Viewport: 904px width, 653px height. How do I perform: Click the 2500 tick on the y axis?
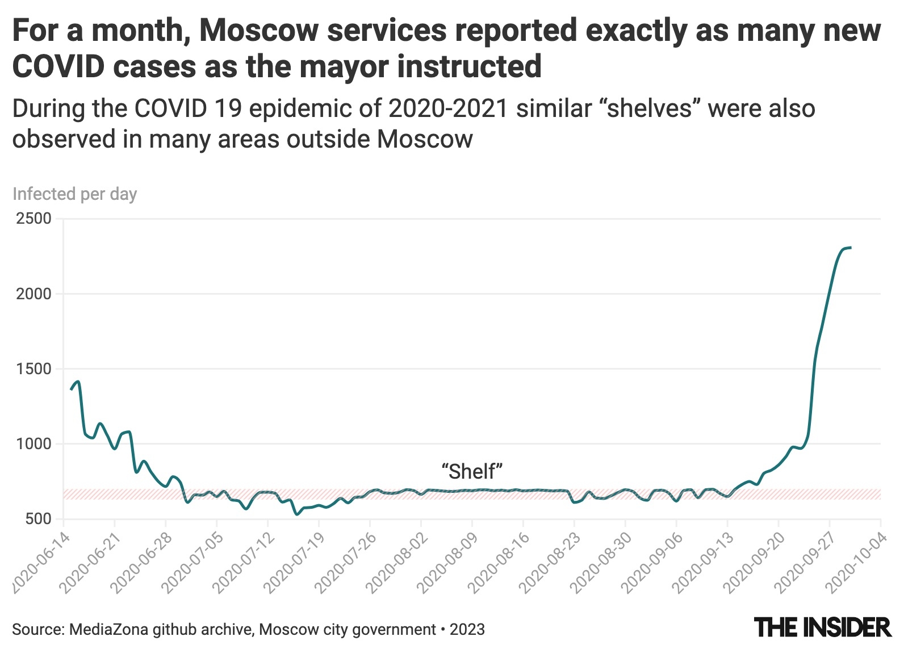click(x=34, y=219)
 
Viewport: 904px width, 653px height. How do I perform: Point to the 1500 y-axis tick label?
click(x=34, y=369)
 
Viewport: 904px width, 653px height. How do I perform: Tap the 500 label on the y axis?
click(x=38, y=518)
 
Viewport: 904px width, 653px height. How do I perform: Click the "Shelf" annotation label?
click(x=472, y=471)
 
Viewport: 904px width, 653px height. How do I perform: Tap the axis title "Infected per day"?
click(x=74, y=194)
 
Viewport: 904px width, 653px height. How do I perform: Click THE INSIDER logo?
click(x=823, y=627)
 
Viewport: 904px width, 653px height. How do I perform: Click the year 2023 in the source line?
click(x=467, y=630)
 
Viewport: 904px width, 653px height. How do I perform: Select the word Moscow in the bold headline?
click(x=258, y=31)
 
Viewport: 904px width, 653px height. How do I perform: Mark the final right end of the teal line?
click(x=850, y=248)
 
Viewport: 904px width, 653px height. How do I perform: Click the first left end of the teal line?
click(x=71, y=389)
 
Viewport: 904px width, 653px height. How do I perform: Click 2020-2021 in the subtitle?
click(x=448, y=108)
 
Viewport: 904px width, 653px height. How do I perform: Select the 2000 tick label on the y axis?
click(x=34, y=294)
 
